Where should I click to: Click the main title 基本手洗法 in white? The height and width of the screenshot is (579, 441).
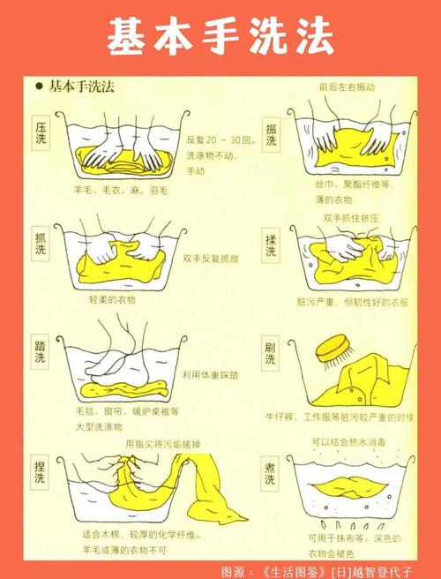click(x=220, y=36)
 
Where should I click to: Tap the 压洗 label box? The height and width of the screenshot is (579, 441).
click(x=41, y=133)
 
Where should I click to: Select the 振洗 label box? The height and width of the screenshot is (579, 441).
click(x=272, y=135)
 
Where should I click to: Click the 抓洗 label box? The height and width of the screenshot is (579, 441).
click(x=41, y=244)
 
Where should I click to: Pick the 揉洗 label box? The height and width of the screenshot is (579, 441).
click(x=271, y=245)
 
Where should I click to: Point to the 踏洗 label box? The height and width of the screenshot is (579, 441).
click(x=41, y=352)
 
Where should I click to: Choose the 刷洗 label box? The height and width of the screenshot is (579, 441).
click(x=271, y=353)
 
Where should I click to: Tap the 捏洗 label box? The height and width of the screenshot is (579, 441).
click(x=40, y=472)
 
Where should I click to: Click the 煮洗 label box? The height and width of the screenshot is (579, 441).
click(x=270, y=474)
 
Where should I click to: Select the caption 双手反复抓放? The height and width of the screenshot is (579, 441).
click(x=211, y=259)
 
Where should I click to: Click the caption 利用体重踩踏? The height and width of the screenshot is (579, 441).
click(x=211, y=375)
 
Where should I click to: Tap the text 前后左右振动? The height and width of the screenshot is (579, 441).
click(x=347, y=86)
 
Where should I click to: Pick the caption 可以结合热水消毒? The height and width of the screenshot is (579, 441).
click(x=349, y=442)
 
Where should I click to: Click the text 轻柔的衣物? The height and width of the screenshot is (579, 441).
click(x=113, y=299)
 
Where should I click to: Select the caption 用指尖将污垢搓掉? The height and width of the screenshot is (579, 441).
click(x=163, y=443)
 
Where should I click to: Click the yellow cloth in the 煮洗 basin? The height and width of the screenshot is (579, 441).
click(x=348, y=486)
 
